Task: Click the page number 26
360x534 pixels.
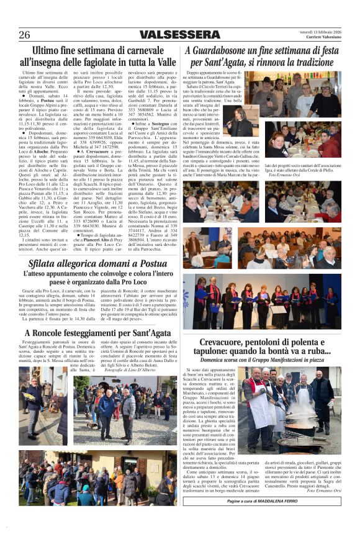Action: (24, 35)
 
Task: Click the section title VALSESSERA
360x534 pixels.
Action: (180, 34)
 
